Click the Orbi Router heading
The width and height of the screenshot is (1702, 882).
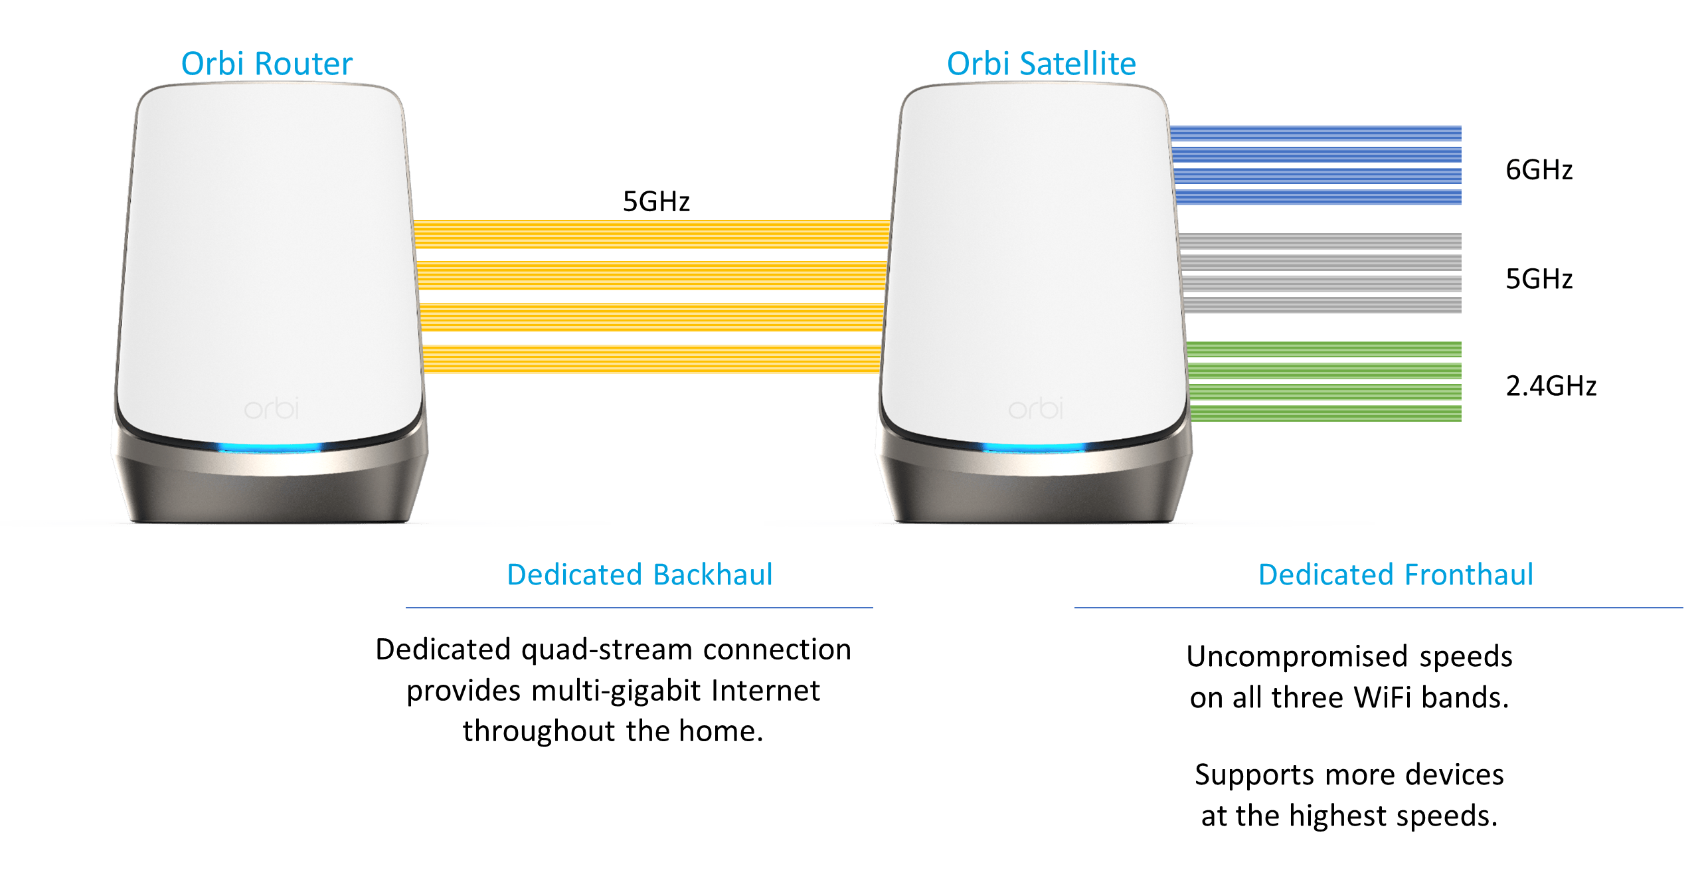click(266, 64)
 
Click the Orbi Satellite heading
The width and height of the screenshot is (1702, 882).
click(1041, 64)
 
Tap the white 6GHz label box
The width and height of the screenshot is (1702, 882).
click(1539, 169)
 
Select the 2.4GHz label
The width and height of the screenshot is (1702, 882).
click(1551, 386)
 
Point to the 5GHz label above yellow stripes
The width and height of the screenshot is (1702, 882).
click(656, 201)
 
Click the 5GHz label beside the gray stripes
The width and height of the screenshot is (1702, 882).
click(1539, 279)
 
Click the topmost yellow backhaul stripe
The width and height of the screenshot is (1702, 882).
click(651, 234)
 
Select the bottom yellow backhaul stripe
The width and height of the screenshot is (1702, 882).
click(651, 359)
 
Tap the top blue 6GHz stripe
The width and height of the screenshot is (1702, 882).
click(1315, 133)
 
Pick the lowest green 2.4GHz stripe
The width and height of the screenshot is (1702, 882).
click(1325, 413)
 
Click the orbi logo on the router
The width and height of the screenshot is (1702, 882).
click(272, 408)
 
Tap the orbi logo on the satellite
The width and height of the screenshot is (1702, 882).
click(1035, 408)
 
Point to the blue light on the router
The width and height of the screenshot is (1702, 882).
click(269, 448)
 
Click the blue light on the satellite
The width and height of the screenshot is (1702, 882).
click(1033, 448)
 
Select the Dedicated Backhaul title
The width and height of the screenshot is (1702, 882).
click(639, 574)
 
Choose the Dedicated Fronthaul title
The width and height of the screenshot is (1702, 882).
click(1396, 574)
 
